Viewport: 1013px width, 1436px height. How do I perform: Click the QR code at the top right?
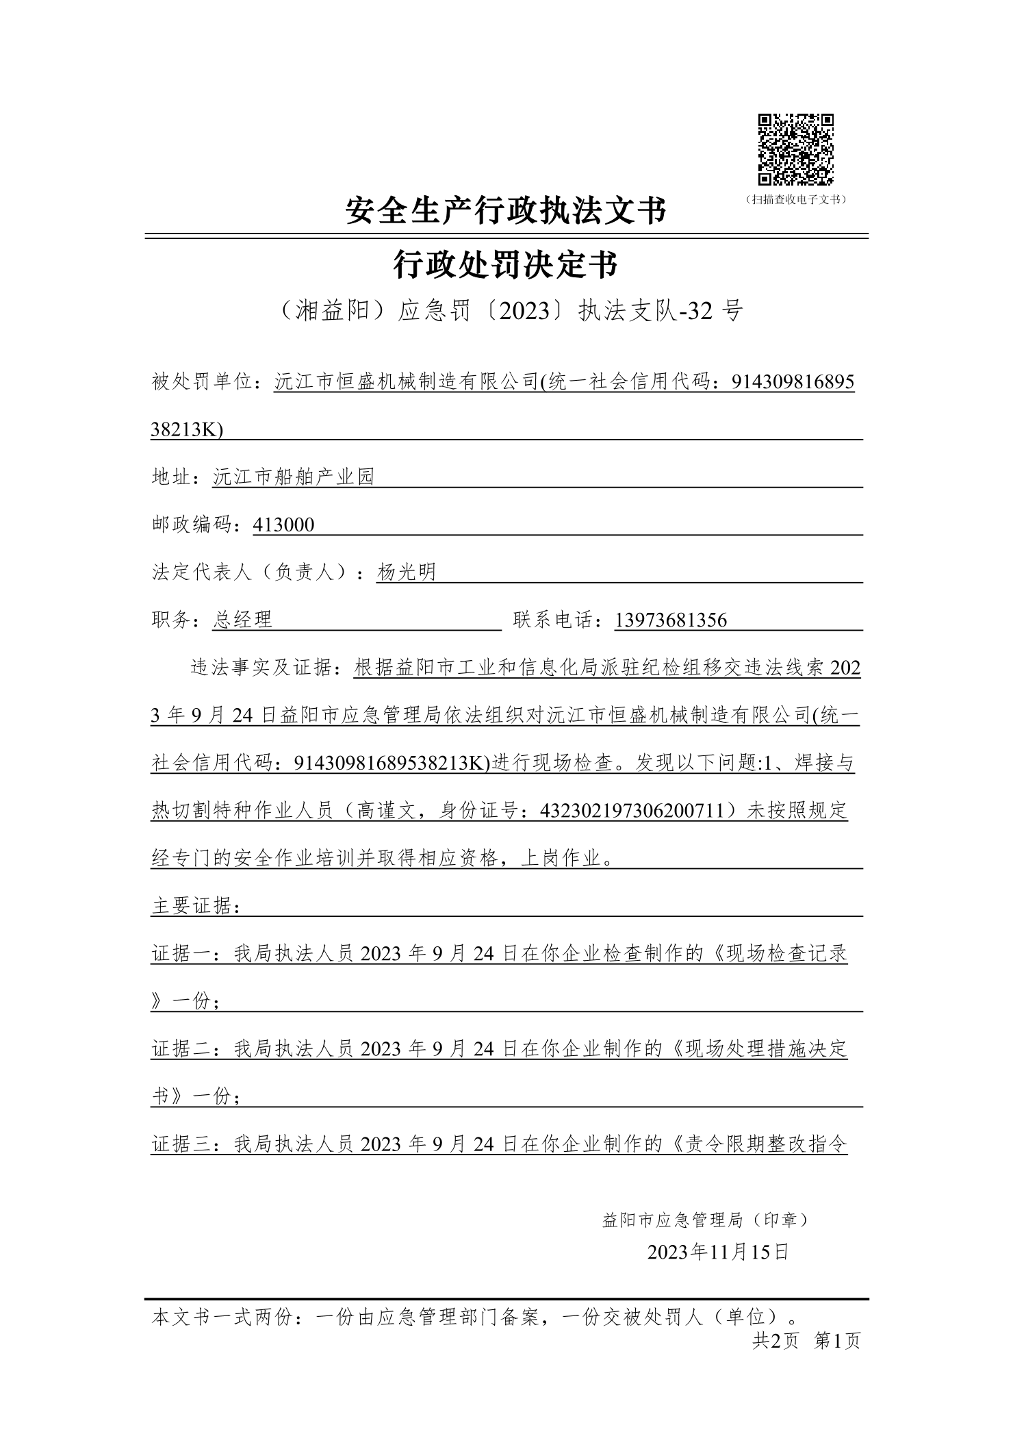[x=795, y=149]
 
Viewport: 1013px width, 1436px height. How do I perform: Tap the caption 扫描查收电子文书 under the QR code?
[x=795, y=200]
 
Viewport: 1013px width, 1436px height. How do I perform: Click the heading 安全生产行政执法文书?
[x=506, y=210]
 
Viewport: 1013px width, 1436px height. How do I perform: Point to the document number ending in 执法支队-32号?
[x=506, y=312]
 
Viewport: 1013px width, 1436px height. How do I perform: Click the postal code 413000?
[x=283, y=525]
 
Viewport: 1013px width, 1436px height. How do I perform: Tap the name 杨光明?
[x=406, y=572]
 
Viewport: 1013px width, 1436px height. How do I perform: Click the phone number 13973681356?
[x=671, y=620]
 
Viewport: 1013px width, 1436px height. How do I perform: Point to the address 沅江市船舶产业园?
[x=294, y=477]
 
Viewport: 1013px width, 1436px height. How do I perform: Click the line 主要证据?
[x=195, y=907]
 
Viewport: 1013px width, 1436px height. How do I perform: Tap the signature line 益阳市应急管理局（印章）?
[x=706, y=1219]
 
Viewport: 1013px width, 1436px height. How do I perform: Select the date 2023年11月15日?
[x=718, y=1252]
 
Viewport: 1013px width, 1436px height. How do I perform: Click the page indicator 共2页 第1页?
[x=806, y=1341]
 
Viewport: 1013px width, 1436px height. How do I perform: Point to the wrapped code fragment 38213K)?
[x=187, y=430]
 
